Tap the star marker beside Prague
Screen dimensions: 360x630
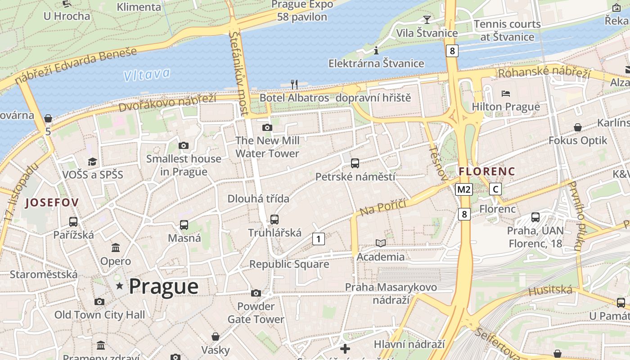pos(120,286)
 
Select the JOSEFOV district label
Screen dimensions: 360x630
pos(52,202)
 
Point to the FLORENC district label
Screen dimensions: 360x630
pos(487,171)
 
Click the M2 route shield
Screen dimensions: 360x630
pos(463,189)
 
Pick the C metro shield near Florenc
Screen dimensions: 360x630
pos(495,189)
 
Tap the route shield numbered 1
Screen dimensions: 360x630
pos(318,239)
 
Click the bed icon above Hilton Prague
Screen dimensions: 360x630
pos(506,94)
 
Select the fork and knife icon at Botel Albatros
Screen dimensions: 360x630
pos(294,84)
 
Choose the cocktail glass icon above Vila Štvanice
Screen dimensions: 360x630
pos(427,19)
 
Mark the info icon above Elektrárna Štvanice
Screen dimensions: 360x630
pos(376,50)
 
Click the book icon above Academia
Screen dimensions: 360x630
pos(381,243)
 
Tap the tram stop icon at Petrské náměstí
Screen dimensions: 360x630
pos(355,163)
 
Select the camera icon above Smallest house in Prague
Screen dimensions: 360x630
pos(183,145)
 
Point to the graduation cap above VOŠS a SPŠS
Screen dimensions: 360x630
pos(92,162)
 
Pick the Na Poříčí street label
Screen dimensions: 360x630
pos(382,207)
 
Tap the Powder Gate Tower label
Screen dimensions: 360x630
pos(256,313)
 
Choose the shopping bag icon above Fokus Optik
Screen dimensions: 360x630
pos(578,128)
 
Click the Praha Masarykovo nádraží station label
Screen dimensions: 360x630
pos(391,293)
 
